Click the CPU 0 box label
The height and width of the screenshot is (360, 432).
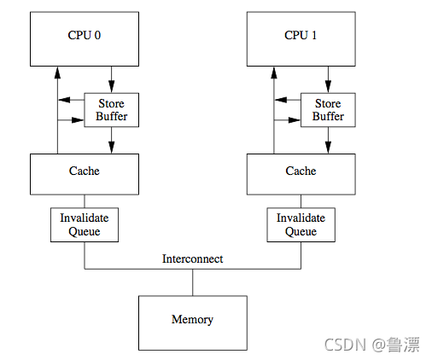click(x=85, y=35)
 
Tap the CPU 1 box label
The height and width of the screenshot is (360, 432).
click(x=301, y=35)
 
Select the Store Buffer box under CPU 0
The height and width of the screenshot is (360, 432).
click(x=112, y=110)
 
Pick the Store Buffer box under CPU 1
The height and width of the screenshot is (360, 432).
click(x=328, y=110)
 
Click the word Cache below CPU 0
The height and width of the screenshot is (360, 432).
click(x=85, y=171)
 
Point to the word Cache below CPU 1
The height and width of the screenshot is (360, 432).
click(x=301, y=171)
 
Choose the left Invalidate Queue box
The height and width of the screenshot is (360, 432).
click(x=85, y=224)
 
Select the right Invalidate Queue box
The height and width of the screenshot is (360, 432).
click(x=301, y=224)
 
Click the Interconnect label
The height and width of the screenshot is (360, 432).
click(x=193, y=258)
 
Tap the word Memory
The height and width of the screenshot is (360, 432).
click(x=192, y=319)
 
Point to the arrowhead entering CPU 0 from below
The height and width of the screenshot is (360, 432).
click(x=58, y=73)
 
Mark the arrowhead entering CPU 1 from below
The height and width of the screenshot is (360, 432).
click(x=274, y=73)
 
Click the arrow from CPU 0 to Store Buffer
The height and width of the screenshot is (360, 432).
click(x=112, y=79)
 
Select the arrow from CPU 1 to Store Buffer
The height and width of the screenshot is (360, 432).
click(x=328, y=79)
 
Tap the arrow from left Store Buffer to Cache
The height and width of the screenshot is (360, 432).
click(x=112, y=141)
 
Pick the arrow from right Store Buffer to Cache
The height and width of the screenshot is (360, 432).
click(x=328, y=141)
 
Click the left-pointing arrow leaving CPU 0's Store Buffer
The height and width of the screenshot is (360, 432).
click(x=71, y=100)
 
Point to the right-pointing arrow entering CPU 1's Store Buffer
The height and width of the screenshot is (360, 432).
click(x=288, y=120)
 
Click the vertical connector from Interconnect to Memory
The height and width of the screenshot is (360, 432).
click(x=193, y=282)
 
